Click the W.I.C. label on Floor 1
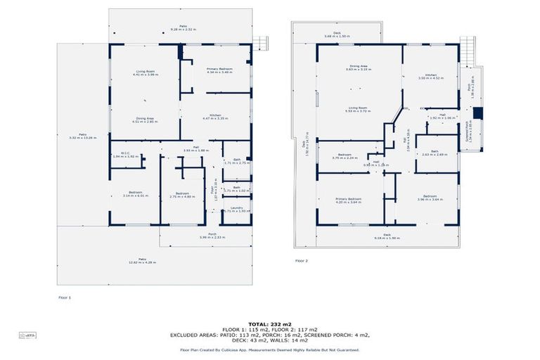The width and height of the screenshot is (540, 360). tap(122, 155)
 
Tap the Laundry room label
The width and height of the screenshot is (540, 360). tap(236, 210)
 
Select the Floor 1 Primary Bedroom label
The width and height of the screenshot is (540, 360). tap(219, 70)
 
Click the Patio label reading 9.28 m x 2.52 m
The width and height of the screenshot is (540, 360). tap(184, 27)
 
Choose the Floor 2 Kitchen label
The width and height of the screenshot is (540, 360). tap(430, 77)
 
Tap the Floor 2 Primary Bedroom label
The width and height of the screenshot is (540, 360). tap(348, 200)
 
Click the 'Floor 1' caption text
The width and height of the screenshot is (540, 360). tap(65, 298)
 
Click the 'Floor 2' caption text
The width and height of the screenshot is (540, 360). tap(302, 261)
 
